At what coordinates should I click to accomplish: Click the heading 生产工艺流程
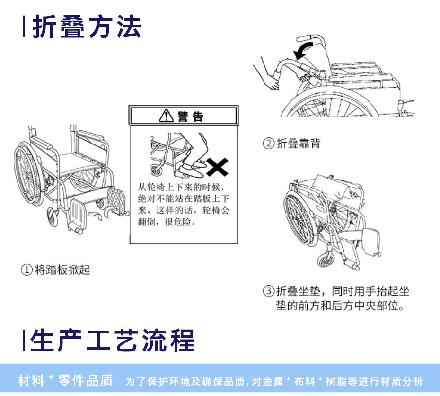112,341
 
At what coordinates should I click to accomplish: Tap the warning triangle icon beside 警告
167,116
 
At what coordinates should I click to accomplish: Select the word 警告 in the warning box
190,116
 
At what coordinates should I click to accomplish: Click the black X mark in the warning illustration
217,167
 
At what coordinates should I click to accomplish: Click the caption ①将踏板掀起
55,270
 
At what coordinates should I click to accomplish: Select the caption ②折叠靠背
291,143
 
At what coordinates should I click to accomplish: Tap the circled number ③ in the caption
269,291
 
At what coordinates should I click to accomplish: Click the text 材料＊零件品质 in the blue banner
65,380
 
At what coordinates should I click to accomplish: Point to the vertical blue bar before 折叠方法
24,27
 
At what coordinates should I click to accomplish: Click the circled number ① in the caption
27,270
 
